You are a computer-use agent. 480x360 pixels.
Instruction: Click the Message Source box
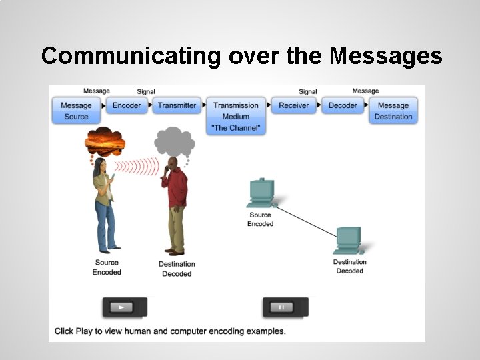point(76,111)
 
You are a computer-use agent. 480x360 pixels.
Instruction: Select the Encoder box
point(127,105)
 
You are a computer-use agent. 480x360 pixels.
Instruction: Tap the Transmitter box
point(177,105)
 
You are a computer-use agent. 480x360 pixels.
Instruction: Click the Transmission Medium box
point(235,116)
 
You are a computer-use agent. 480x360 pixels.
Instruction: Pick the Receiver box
point(294,105)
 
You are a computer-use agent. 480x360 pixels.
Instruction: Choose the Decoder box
point(343,105)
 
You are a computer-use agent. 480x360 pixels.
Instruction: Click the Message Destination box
point(393,111)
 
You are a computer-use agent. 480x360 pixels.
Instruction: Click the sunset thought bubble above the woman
point(105,141)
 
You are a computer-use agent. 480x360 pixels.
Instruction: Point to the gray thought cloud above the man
point(175,141)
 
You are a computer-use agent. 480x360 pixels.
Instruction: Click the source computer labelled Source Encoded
point(261,193)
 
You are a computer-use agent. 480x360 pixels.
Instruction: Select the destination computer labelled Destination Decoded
point(349,241)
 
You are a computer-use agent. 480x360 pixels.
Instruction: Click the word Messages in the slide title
point(385,56)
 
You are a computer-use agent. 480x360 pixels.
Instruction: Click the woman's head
point(99,165)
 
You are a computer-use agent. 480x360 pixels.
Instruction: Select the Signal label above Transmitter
point(146,92)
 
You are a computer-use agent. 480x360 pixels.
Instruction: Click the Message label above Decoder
point(365,91)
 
